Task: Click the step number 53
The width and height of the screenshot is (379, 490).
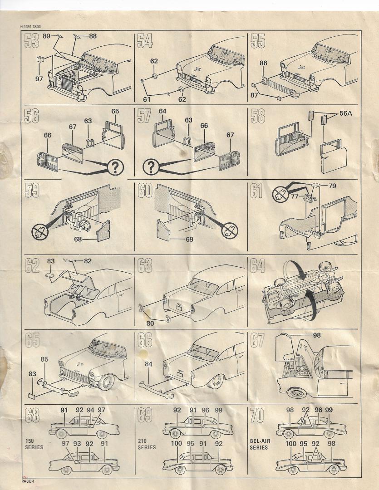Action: pos(32,41)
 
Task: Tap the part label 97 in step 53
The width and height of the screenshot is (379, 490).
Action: pos(39,79)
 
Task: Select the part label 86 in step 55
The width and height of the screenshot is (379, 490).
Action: pos(263,63)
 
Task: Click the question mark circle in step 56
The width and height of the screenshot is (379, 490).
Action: pos(115,168)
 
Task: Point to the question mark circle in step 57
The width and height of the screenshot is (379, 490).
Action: pos(151,167)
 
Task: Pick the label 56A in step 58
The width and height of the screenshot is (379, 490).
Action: pos(345,113)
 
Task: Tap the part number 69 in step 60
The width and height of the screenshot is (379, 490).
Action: pos(189,240)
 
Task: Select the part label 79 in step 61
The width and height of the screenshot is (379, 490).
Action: pos(332,186)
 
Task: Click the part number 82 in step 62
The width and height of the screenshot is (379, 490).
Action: pos(88,261)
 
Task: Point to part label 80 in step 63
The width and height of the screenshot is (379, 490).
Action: pos(150,323)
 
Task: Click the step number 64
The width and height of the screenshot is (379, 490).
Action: pos(257,266)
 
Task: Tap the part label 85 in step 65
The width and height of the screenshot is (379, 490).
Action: pos(44,359)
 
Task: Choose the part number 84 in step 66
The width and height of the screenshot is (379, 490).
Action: pos(148,364)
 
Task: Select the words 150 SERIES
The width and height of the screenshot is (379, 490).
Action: pos(34,444)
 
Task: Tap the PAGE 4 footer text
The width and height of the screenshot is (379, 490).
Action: pos(28,481)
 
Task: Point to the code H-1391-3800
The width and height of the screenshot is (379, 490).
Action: pos(30,27)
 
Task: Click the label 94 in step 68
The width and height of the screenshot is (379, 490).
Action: pos(90,410)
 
